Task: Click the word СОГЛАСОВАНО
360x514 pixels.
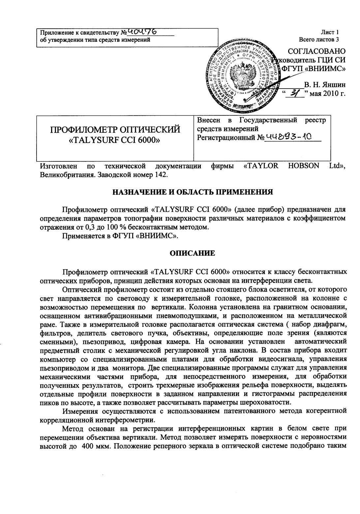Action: [316, 51]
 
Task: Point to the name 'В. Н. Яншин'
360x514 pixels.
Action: [325, 85]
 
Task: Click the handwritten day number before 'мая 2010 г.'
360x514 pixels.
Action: [293, 94]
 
